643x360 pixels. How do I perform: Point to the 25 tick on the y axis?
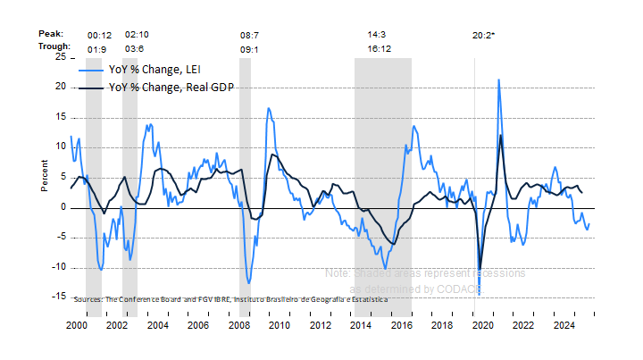point(59,56)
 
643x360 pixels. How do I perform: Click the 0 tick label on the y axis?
point(62,207)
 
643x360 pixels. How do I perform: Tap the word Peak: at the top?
point(51,34)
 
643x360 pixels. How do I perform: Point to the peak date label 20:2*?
point(483,35)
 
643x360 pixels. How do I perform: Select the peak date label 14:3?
point(378,34)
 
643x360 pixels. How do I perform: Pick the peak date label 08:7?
point(250,34)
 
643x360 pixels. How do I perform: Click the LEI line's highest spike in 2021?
point(497,80)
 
